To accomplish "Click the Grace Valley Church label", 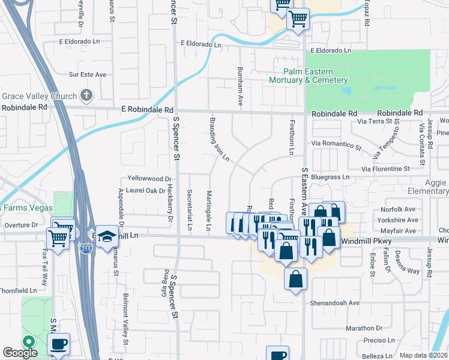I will click(x=39, y=96).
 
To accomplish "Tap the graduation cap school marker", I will click(x=107, y=236).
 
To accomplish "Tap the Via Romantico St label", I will click(x=336, y=145).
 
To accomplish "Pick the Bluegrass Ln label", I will click(x=330, y=177).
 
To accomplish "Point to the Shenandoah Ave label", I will click(x=334, y=303).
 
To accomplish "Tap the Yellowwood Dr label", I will click(x=149, y=179).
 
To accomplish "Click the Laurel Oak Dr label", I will click(x=145, y=191).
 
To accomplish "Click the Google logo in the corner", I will click(x=20, y=353).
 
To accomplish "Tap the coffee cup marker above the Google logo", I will click(x=58, y=344).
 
